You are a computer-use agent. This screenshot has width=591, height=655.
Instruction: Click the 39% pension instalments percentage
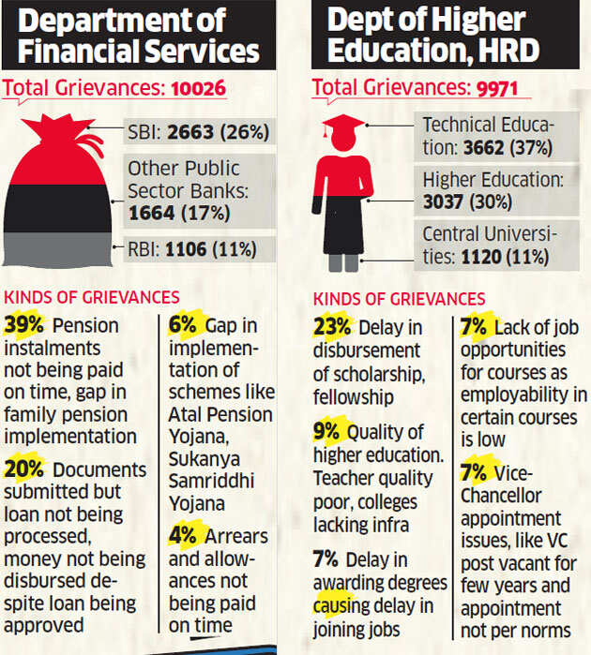pyautogui.click(x=26, y=325)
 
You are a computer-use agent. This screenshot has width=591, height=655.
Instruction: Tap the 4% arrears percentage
pyautogui.click(x=182, y=538)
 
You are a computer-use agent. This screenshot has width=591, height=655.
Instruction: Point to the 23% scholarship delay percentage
pyautogui.click(x=332, y=327)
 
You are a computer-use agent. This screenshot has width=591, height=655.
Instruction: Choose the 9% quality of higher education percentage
pyautogui.click(x=327, y=433)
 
